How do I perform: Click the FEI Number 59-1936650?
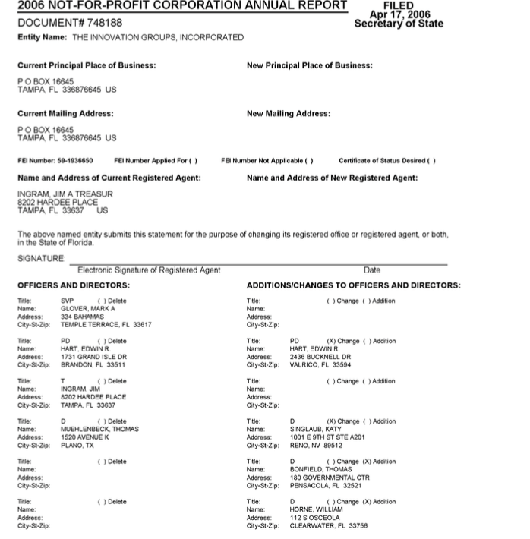74,161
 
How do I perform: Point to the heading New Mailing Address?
289,113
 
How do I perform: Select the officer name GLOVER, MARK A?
88,308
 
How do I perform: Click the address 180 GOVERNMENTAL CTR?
329,478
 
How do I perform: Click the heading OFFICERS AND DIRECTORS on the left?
74,285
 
